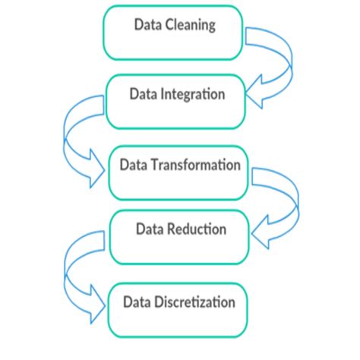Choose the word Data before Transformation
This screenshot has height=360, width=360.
133,165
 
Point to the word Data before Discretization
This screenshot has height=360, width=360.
137,302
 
